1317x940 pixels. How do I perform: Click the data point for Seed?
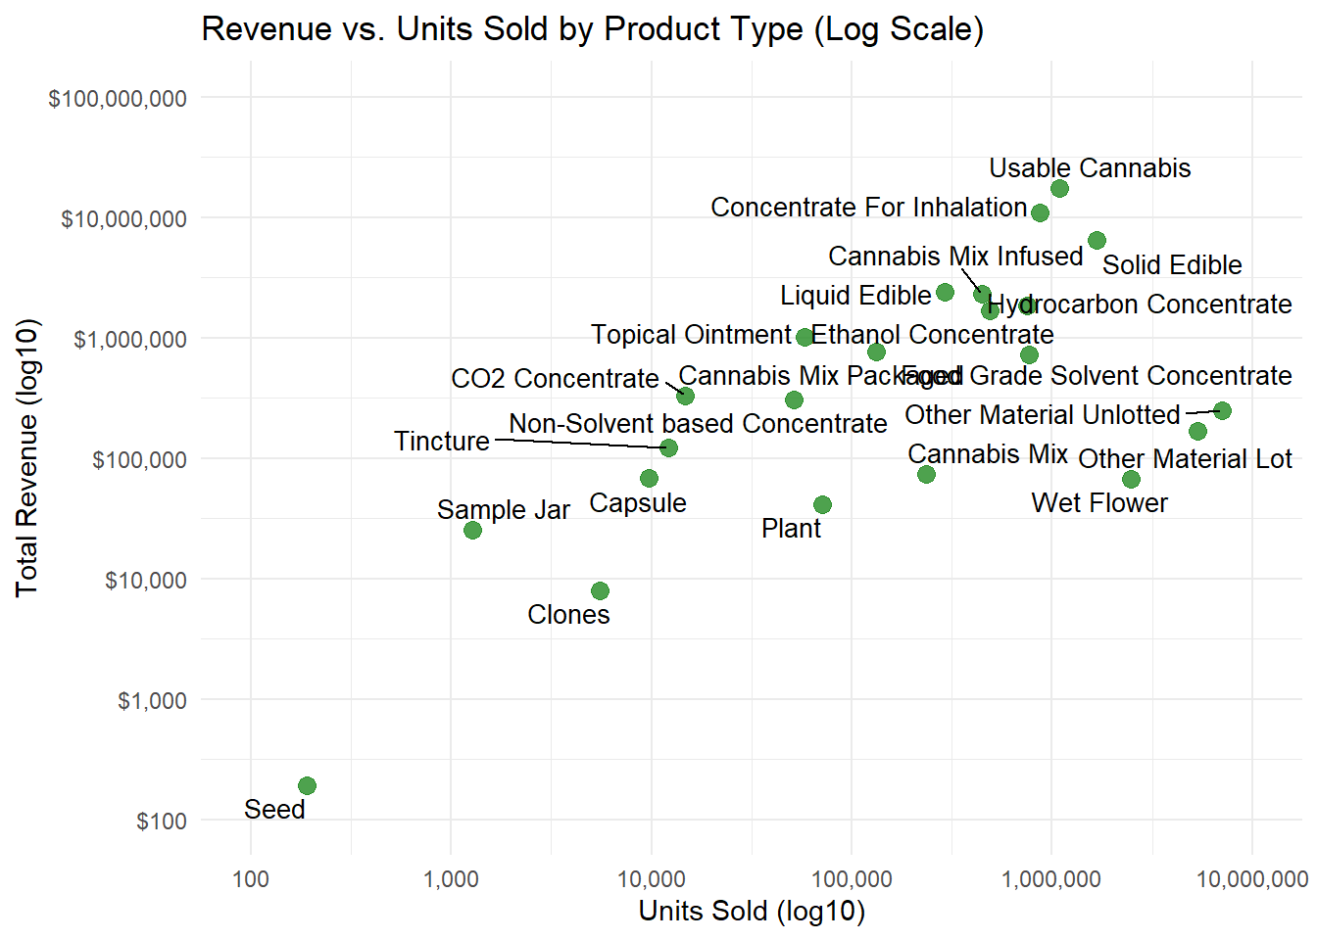pos(307,785)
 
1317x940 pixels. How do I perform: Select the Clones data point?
pos(600,590)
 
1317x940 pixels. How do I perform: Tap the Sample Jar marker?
pos(472,530)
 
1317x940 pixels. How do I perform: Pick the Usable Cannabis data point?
pos(1059,188)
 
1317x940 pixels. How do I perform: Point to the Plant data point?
pos(822,504)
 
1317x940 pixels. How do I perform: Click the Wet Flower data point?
pos(1131,479)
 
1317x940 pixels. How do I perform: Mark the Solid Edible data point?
pos(1097,240)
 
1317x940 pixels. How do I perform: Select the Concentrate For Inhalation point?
pos(1040,212)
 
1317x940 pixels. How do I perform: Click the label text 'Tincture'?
pos(441,442)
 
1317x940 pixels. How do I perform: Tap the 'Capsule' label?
pos(637,503)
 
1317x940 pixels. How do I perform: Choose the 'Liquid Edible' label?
pos(854,296)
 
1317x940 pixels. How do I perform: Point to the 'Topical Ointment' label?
pos(690,335)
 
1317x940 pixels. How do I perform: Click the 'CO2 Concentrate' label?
pos(555,379)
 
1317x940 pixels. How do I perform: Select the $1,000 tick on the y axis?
pos(152,700)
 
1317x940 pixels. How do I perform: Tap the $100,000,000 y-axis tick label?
pos(118,98)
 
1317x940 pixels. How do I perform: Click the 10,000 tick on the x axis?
pos(651,878)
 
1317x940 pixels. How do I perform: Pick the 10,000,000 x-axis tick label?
pos(1251,878)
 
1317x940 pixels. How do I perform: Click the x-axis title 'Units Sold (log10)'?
pos(752,912)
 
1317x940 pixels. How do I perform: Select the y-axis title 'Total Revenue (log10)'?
pos(27,457)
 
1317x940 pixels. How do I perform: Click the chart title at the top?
pos(592,29)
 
